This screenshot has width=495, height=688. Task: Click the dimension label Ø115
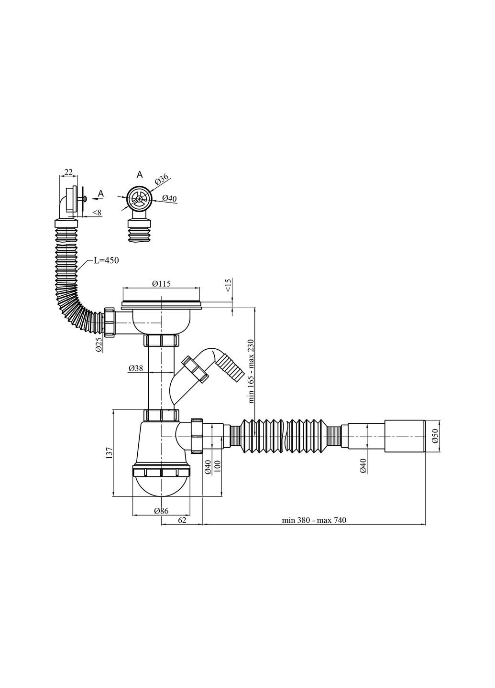[x=161, y=283]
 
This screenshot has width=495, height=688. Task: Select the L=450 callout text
[x=106, y=260]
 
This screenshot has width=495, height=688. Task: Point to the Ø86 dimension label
[x=161, y=511]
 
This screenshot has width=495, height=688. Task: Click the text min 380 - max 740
[x=314, y=520]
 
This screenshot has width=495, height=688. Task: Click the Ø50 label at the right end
[x=435, y=436]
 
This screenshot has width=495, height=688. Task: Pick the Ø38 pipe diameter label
[x=136, y=368]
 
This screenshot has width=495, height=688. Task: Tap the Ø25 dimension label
[x=98, y=344]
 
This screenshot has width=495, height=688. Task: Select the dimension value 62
[x=182, y=520]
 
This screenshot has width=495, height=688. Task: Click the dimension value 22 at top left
[x=68, y=172]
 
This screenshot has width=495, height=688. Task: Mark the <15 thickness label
[x=228, y=286]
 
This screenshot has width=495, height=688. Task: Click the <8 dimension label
[x=97, y=212]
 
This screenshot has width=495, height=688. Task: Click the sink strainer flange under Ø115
[x=161, y=302]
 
